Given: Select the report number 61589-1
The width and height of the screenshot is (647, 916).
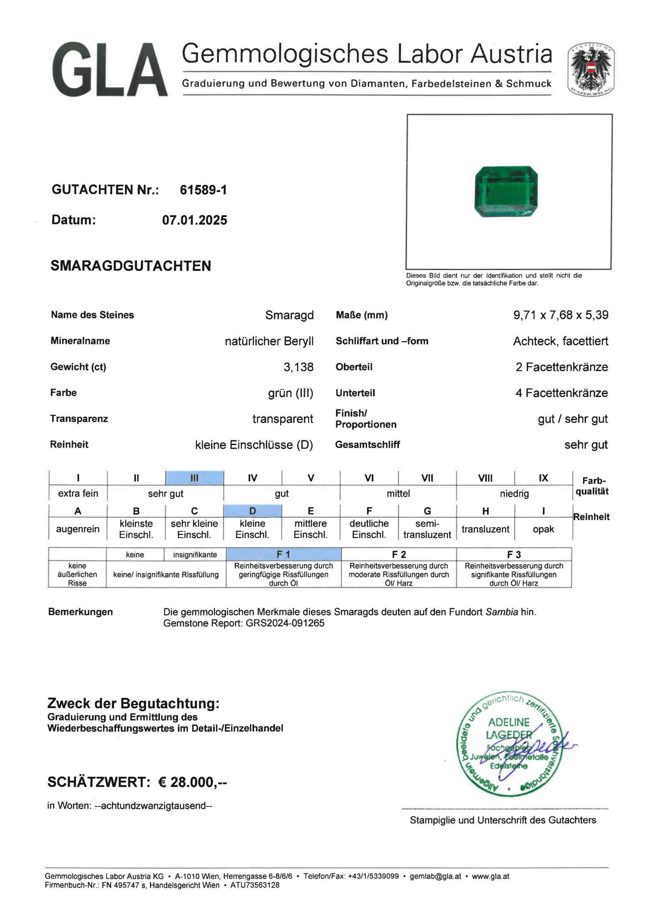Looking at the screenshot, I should click(x=203, y=190).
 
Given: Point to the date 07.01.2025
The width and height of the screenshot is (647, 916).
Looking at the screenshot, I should click(x=194, y=220).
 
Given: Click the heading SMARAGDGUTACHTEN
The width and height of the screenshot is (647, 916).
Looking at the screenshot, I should click(x=131, y=266).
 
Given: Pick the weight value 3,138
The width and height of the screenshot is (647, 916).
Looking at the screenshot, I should click(x=298, y=367).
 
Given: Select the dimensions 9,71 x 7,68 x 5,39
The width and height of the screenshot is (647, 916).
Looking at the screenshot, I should click(x=561, y=315).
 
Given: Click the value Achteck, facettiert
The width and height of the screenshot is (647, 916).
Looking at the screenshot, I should click(x=560, y=341).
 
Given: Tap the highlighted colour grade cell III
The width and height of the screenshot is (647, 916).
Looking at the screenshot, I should click(x=194, y=478).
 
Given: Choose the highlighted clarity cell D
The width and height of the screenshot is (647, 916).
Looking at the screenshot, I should click(x=253, y=511).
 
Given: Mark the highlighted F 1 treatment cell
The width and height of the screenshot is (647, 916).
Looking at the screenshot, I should click(x=283, y=555).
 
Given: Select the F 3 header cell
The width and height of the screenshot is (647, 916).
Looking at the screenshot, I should click(x=514, y=555).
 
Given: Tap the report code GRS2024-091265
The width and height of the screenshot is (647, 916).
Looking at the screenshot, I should click(x=285, y=623).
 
